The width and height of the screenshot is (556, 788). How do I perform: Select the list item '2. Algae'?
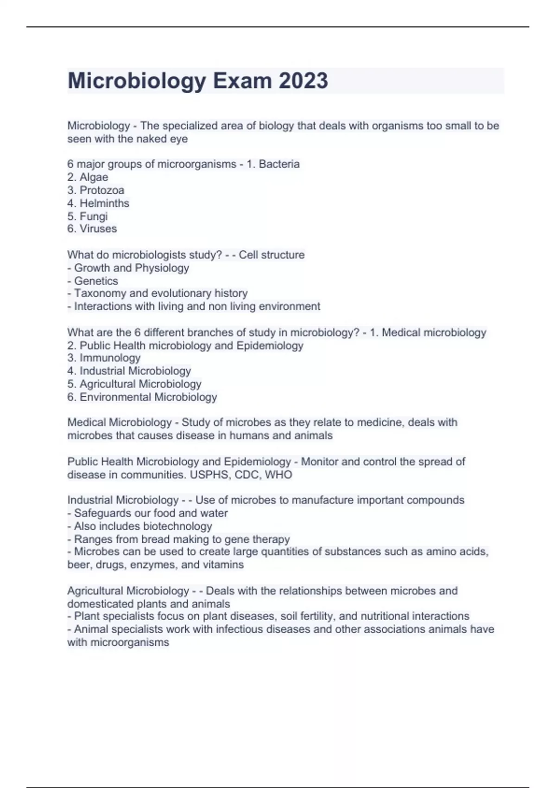[88, 177]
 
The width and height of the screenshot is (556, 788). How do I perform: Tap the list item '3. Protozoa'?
[95, 190]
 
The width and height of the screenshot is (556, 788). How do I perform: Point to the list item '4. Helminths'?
[98, 203]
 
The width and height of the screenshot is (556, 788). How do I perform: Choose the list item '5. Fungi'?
[87, 216]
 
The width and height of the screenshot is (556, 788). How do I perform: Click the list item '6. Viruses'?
[92, 229]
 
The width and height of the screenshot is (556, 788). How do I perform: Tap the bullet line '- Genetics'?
[93, 281]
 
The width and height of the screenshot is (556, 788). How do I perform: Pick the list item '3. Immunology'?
[104, 358]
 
